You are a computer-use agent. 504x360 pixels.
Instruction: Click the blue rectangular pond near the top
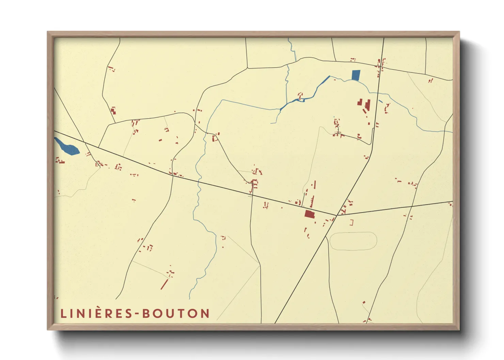coord(356,75)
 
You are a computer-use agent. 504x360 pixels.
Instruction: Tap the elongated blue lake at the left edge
coord(67,146)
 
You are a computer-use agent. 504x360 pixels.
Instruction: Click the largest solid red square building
coord(309,214)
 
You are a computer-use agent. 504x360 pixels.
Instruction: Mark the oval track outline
coord(353,241)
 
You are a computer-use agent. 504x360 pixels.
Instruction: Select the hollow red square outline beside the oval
coord(351,223)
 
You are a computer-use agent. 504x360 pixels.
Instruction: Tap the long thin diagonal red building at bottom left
coord(164,284)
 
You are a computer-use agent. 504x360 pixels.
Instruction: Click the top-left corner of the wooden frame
coord(48,33)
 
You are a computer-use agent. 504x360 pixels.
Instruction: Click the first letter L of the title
coord(63,313)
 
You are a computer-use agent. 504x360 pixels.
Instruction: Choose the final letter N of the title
coord(205,313)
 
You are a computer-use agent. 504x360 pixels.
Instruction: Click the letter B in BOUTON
coord(146,313)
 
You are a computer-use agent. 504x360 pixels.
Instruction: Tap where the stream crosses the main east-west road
coord(199,180)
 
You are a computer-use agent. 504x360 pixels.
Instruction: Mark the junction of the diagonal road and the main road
coord(336,215)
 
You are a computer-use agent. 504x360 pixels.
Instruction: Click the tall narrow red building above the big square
coord(312,201)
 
